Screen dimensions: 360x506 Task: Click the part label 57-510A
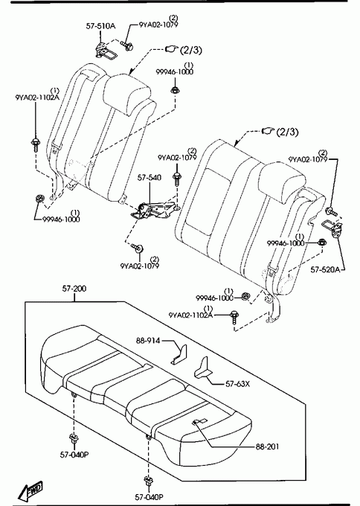[x=100, y=26]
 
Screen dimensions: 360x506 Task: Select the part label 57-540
[x=150, y=178]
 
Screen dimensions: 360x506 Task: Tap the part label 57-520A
[x=325, y=269]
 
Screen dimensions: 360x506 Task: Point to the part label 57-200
[x=74, y=288]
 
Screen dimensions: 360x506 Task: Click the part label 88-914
[x=148, y=341]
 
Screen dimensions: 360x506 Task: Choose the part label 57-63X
[x=237, y=384]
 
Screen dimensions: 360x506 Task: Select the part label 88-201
[x=268, y=446]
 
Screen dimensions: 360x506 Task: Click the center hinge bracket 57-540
[x=154, y=210]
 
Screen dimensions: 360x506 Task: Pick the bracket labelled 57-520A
[x=332, y=228]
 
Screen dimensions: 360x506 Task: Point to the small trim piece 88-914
[x=179, y=354]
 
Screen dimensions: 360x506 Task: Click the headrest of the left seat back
[x=127, y=95]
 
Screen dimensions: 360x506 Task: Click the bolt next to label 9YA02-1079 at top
[x=127, y=46]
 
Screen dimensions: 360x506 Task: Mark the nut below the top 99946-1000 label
[x=175, y=90]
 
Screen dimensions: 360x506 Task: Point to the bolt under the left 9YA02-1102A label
[x=35, y=144]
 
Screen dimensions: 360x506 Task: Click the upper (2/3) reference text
[x=191, y=50]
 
